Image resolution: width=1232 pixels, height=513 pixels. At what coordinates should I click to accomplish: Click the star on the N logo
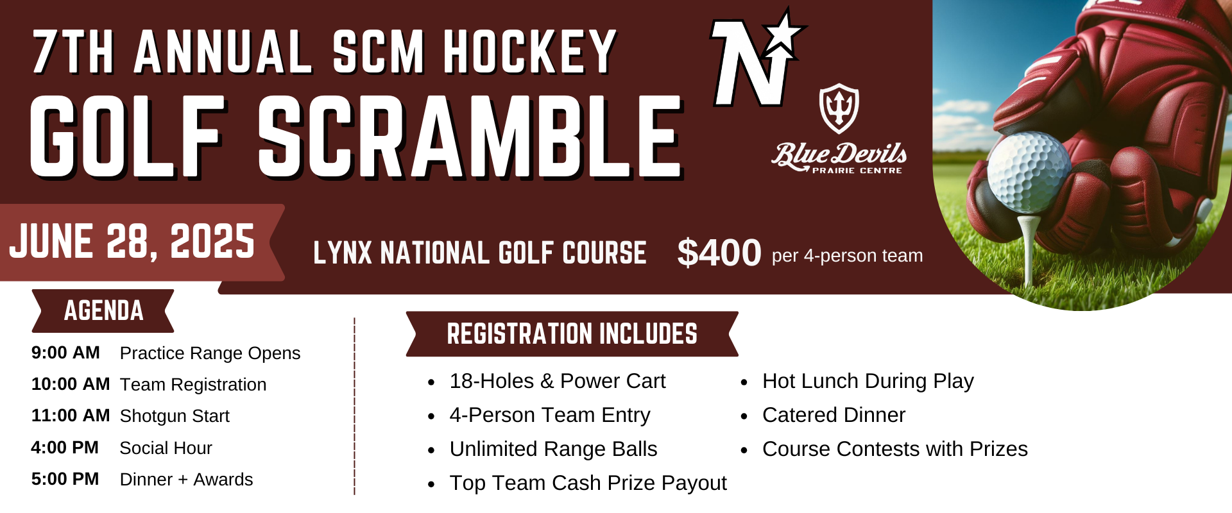pyautogui.click(x=784, y=32)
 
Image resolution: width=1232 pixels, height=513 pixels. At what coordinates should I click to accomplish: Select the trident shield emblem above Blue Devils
pyautogui.click(x=839, y=108)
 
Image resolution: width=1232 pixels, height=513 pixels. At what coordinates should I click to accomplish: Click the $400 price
pyautogui.click(x=719, y=253)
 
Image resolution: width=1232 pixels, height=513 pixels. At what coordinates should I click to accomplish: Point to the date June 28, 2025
pyautogui.click(x=132, y=242)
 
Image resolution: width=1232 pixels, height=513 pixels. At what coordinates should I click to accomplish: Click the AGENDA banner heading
pyautogui.click(x=103, y=311)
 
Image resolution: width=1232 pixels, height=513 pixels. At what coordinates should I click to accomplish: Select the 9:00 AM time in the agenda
pyautogui.click(x=65, y=353)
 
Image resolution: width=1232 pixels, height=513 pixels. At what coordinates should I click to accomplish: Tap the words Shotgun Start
pyautogui.click(x=175, y=416)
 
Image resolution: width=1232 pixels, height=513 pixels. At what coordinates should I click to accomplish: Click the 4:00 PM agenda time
pyautogui.click(x=65, y=448)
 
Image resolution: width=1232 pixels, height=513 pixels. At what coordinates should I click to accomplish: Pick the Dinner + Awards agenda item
pyautogui.click(x=186, y=480)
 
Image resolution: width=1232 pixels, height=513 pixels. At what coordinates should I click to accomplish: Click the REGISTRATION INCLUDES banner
pyautogui.click(x=572, y=334)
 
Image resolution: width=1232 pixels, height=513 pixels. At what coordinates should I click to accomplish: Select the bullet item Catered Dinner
pyautogui.click(x=833, y=415)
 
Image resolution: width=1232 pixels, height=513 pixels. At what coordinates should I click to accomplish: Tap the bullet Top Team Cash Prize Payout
pyautogui.click(x=588, y=483)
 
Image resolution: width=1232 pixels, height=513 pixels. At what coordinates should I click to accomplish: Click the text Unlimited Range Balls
pyautogui.click(x=553, y=449)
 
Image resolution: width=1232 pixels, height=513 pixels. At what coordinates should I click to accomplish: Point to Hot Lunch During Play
pyautogui.click(x=868, y=381)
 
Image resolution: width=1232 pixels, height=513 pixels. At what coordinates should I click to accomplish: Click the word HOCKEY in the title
pyautogui.click(x=530, y=53)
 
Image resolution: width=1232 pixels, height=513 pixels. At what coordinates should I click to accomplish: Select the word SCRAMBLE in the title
pyautogui.click(x=470, y=137)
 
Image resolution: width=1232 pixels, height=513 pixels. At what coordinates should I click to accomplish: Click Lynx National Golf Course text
pyautogui.click(x=479, y=253)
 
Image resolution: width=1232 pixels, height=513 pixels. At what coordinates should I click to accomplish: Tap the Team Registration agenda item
pyautogui.click(x=193, y=385)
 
